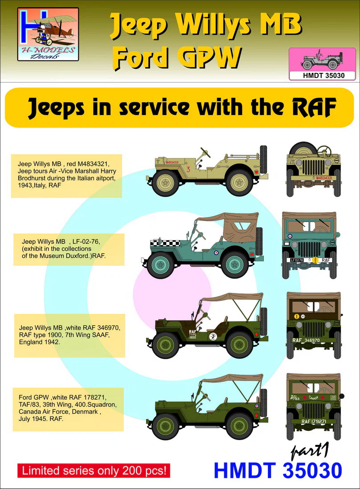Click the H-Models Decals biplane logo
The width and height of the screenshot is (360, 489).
tap(48, 34)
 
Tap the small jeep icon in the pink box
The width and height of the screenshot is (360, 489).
tap(322, 60)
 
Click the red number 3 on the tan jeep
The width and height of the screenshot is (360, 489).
tap(188, 169)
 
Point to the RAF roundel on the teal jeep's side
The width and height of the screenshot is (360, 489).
tap(215, 253)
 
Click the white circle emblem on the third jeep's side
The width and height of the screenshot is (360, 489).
tap(214, 337)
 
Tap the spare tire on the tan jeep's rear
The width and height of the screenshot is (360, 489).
tap(263, 164)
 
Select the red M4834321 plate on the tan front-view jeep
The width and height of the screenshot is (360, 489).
tap(324, 178)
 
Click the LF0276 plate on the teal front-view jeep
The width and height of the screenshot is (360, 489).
tap(297, 260)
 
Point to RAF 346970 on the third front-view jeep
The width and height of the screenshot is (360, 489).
tap(306, 340)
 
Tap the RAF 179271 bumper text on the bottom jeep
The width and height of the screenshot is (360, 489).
tap(314, 421)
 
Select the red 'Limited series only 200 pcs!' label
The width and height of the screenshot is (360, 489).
tap(93, 470)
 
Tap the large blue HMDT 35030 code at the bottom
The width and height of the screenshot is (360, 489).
tap(278, 470)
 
